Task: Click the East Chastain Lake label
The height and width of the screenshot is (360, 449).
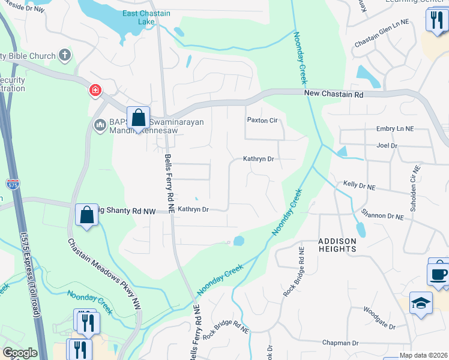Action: click(146, 17)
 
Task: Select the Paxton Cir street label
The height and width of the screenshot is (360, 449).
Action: click(262, 120)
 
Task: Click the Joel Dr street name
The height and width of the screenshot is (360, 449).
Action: click(387, 145)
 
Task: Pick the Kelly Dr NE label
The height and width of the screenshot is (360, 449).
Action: click(359, 187)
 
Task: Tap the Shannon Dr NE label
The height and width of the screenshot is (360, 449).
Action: click(382, 214)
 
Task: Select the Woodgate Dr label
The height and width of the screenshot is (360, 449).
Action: click(379, 319)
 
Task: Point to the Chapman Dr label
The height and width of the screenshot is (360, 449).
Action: click(340, 343)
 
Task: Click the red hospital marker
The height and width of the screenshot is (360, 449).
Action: click(95, 91)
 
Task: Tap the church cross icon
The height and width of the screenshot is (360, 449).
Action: click(65, 56)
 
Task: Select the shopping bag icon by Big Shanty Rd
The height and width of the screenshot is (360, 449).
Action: click(87, 214)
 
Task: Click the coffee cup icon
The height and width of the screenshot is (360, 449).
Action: click(439, 274)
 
